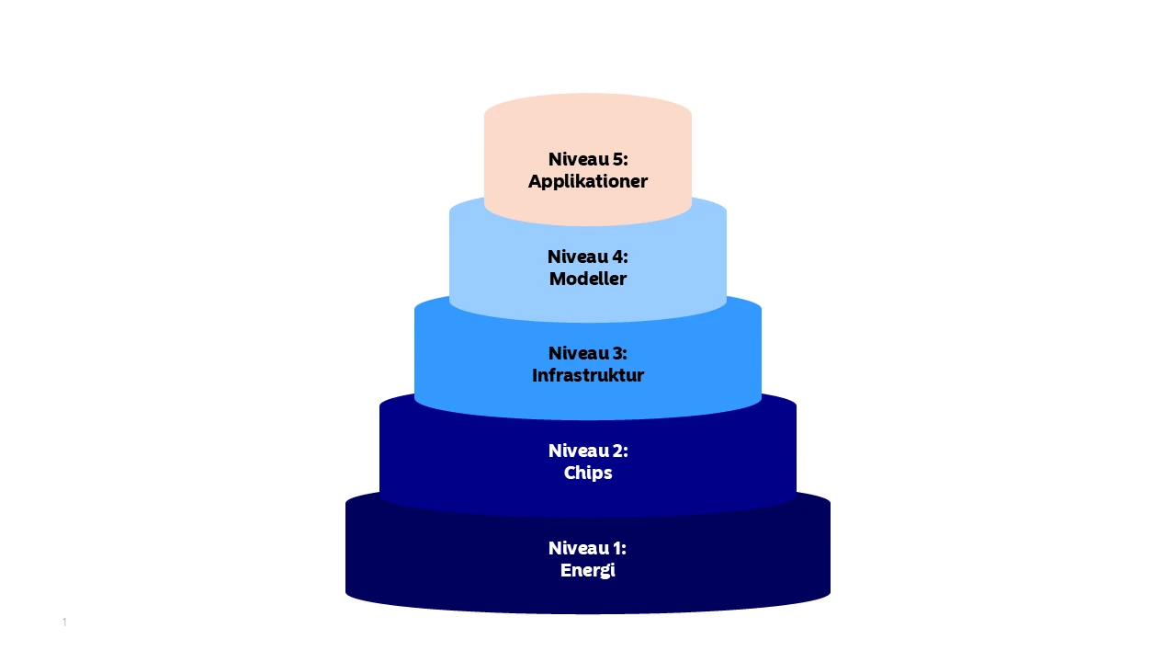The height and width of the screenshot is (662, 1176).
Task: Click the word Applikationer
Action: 587,181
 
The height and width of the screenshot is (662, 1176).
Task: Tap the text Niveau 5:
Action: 588,159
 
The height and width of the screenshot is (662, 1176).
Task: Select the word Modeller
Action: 587,279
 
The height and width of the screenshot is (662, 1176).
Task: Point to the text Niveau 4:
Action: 587,257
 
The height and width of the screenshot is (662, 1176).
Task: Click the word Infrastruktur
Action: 587,375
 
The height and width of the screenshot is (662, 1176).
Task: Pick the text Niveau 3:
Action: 587,353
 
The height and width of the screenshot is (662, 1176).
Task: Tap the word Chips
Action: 587,473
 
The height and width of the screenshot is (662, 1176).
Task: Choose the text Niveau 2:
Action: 588,451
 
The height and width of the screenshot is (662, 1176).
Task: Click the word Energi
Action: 587,571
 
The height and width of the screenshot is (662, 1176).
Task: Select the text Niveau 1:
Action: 587,548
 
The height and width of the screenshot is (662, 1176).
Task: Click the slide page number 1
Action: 64,622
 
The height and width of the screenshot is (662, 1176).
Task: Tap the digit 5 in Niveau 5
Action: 617,159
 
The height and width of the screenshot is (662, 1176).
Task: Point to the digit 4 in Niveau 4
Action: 617,257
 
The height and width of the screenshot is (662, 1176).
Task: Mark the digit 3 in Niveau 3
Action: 616,353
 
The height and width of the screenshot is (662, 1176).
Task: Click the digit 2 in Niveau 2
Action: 617,451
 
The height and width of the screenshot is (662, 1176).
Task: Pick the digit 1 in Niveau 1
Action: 616,548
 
